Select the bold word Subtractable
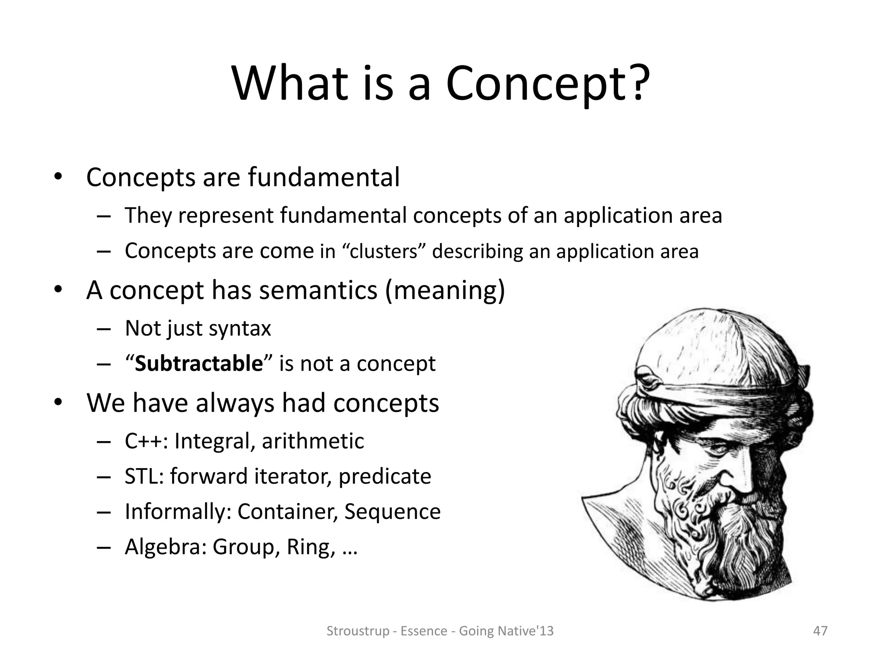(199, 364)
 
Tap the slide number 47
(820, 631)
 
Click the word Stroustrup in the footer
(357, 631)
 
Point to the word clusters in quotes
(384, 252)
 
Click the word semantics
(318, 290)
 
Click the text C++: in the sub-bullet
(146, 441)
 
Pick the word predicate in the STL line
(385, 476)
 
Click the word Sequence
(392, 512)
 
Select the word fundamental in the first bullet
(323, 177)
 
